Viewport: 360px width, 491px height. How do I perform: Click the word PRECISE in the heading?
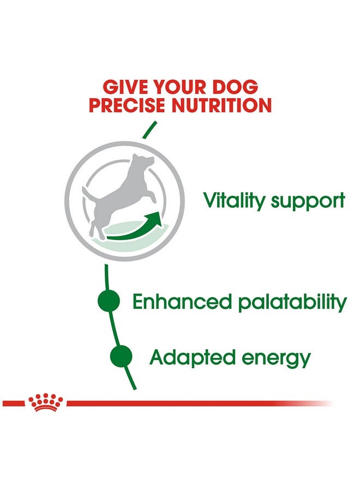(x=128, y=105)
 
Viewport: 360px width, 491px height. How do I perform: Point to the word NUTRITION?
(x=221, y=105)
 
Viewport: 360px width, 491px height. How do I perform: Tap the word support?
(x=308, y=202)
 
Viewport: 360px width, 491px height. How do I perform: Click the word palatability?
(x=292, y=302)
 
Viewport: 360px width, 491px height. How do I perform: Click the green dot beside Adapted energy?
(x=121, y=356)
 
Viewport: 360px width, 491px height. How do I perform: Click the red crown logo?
(x=46, y=402)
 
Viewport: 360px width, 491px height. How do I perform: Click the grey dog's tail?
(x=88, y=194)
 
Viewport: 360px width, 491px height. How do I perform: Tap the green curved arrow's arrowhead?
(x=155, y=218)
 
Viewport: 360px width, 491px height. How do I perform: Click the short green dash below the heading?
(x=149, y=130)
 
